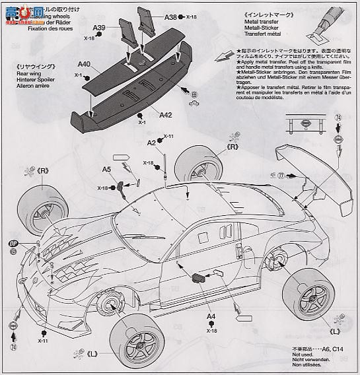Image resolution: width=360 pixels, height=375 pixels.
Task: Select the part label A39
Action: click(99, 28)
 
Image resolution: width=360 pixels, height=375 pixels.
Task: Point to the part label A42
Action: click(166, 114)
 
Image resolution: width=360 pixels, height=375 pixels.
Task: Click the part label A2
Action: click(151, 143)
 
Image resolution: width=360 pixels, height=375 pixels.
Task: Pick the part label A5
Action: click(106, 169)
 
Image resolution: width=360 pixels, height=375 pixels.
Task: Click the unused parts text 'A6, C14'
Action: click(337, 348)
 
